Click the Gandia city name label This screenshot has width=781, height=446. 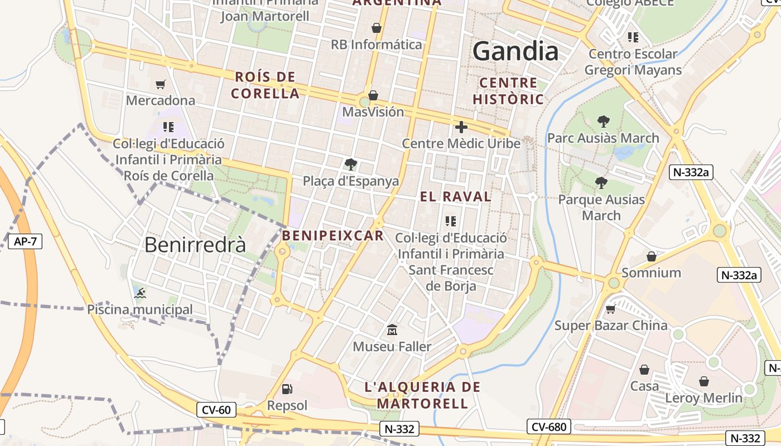515,52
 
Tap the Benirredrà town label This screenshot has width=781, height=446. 195,245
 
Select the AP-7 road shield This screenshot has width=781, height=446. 25,241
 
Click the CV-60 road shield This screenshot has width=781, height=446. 216,410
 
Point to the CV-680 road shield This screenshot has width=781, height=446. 549,427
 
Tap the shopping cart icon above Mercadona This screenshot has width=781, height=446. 161,84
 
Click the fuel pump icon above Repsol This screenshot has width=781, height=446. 287,389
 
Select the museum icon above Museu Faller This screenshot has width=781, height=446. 392,330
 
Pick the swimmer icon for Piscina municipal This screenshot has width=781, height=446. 140,293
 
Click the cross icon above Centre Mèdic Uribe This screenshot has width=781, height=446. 461,127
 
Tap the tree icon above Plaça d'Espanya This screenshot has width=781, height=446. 350,164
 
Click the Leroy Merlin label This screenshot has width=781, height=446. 703,398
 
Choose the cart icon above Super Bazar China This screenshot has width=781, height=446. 610,309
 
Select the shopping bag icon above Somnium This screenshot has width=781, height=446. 651,256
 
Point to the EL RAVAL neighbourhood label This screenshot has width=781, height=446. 456,196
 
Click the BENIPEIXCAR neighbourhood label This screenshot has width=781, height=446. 333,236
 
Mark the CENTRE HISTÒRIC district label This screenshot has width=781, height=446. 508,91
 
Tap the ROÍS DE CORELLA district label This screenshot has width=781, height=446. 266,85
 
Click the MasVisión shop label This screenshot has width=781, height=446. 373,112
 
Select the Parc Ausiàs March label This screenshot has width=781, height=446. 603,138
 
